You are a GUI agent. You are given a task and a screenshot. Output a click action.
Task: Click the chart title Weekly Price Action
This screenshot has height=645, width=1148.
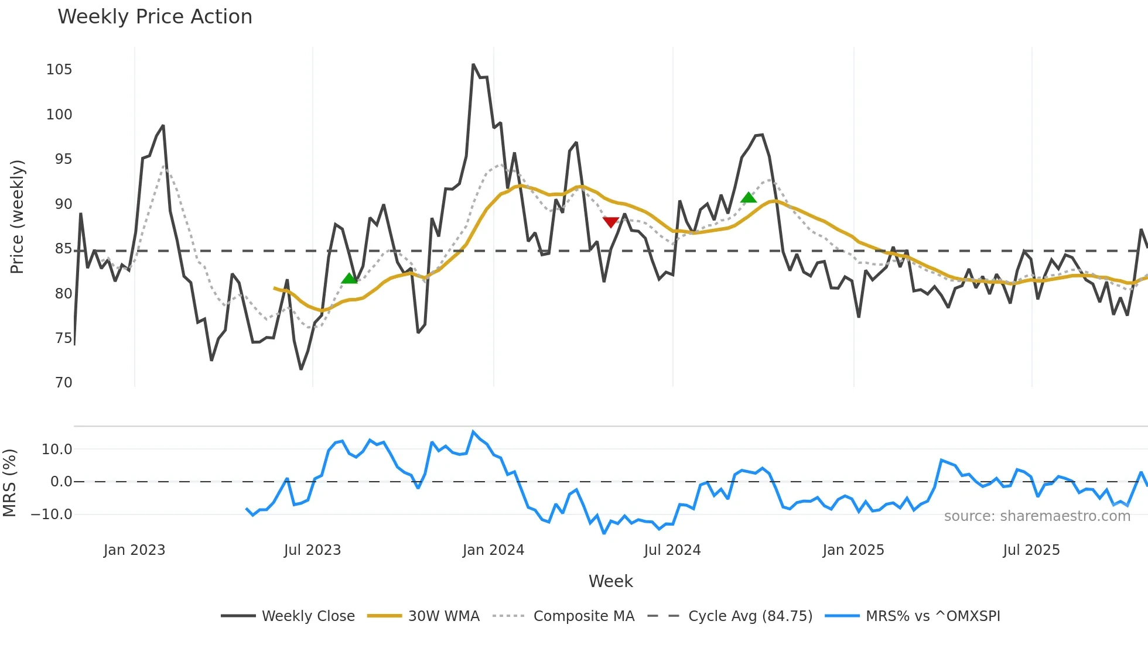pyautogui.click(x=155, y=17)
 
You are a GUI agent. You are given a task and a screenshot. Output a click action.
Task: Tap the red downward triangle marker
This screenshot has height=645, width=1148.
pyautogui.click(x=610, y=222)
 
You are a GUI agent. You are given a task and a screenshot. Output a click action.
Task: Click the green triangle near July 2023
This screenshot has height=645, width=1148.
pyautogui.click(x=349, y=279)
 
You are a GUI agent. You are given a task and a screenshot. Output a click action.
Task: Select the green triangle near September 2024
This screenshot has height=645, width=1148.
pyautogui.click(x=749, y=197)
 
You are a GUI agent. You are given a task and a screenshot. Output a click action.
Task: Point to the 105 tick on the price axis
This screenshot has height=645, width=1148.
pyautogui.click(x=59, y=70)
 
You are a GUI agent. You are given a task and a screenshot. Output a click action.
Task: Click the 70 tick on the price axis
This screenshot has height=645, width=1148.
pyautogui.click(x=63, y=383)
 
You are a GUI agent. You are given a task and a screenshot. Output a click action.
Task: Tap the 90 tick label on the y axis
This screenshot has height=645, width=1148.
pyautogui.click(x=63, y=204)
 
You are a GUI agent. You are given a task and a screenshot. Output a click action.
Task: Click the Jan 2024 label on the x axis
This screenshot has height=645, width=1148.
pyautogui.click(x=493, y=550)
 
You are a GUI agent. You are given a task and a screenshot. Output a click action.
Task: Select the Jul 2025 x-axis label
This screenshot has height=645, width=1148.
pyautogui.click(x=1031, y=550)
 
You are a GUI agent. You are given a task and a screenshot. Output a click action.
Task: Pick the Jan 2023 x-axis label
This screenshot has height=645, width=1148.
pyautogui.click(x=134, y=550)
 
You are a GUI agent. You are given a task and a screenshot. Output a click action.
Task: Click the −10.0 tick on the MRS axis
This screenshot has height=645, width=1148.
pyautogui.click(x=52, y=514)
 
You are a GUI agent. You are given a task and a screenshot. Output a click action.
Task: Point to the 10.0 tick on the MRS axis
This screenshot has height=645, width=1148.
pyautogui.click(x=57, y=450)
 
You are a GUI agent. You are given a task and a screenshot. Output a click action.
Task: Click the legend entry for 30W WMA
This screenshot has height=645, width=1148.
pyautogui.click(x=443, y=616)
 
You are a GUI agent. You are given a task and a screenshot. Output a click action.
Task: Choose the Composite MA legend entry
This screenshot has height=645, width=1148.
pyautogui.click(x=583, y=616)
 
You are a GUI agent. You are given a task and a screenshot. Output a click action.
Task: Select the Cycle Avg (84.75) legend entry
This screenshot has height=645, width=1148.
pyautogui.click(x=750, y=616)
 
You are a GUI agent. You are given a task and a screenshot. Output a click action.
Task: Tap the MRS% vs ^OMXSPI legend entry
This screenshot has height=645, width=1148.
pyautogui.click(x=932, y=616)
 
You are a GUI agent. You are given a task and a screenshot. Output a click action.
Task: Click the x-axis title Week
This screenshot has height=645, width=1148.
pyautogui.click(x=610, y=581)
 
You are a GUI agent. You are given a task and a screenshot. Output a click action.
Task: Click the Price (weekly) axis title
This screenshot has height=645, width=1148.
pyautogui.click(x=17, y=217)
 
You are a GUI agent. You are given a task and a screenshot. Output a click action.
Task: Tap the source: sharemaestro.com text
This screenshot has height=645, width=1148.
pyautogui.click(x=1037, y=516)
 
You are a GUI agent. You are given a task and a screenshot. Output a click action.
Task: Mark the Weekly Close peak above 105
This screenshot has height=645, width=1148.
pyautogui.click(x=473, y=65)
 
